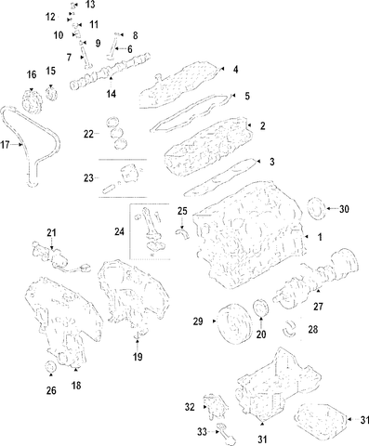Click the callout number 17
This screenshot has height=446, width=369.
(x=5, y=145)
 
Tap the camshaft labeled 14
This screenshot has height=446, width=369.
(x=111, y=71)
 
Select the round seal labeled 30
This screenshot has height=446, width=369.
(x=316, y=208)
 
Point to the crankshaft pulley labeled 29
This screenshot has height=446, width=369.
(x=231, y=323)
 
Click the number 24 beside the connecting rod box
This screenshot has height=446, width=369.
(x=119, y=231)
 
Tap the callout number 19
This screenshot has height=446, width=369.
(x=138, y=357)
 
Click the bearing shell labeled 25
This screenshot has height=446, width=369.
(x=183, y=233)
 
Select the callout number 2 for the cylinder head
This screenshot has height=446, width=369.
(x=263, y=125)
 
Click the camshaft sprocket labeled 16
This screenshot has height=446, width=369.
(x=32, y=101)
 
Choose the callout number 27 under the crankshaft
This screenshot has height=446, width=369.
(x=318, y=307)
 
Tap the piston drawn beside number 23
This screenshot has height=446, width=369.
(x=128, y=174)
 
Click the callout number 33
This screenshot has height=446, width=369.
(x=202, y=431)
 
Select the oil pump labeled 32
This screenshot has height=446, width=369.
(x=215, y=406)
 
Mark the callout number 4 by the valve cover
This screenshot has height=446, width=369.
(x=236, y=70)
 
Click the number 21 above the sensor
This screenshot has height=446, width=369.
(x=51, y=232)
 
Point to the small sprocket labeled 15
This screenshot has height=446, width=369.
(x=52, y=93)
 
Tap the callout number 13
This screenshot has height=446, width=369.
(x=90, y=5)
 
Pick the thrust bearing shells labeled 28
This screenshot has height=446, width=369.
(x=290, y=328)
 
